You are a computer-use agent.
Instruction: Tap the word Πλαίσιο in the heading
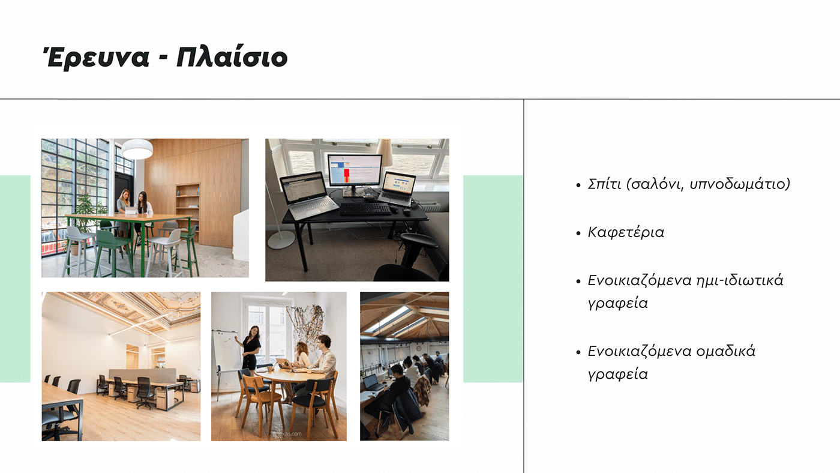(x=232, y=58)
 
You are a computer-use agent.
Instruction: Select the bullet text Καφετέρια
(x=626, y=232)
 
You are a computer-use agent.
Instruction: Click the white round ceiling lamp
(x=137, y=149)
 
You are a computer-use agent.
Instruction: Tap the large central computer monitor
(x=354, y=170)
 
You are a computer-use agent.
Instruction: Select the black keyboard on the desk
(x=365, y=209)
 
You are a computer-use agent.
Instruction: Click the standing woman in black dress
(x=250, y=348)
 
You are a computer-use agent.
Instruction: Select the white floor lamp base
(x=281, y=240)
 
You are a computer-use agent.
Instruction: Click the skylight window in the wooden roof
(x=387, y=319)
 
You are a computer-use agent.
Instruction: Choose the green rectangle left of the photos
(x=15, y=279)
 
